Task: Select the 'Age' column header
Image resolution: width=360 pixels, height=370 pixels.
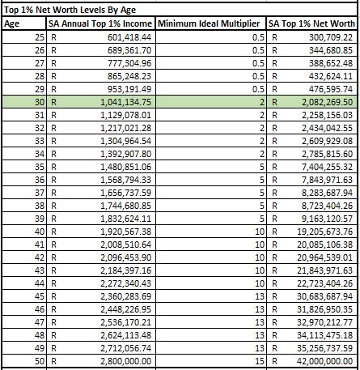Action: [13, 23]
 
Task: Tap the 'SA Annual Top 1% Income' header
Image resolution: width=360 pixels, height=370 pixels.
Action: [100, 23]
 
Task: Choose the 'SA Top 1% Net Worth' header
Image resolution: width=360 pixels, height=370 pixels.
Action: [312, 23]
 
